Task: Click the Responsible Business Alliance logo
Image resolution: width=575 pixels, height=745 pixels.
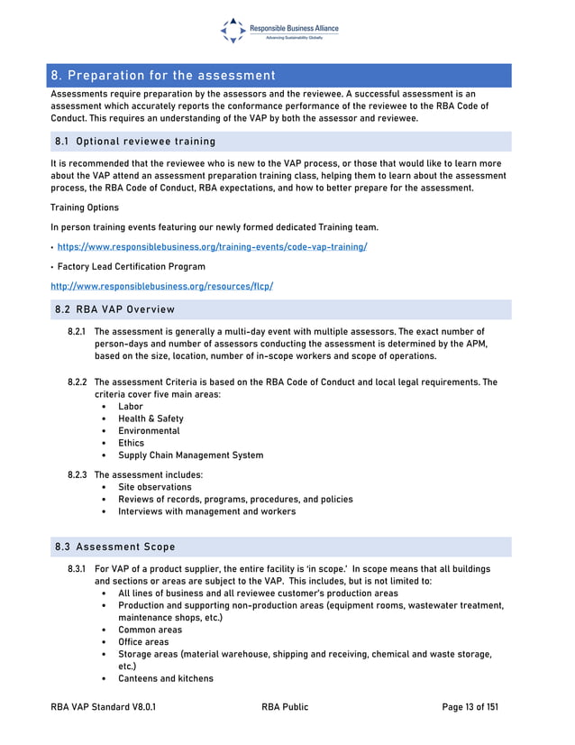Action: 279,30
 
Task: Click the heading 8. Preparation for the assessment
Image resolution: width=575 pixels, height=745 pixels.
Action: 163,75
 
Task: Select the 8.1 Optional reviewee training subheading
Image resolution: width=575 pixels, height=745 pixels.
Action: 135,142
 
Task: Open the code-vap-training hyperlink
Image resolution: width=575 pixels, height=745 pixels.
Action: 212,246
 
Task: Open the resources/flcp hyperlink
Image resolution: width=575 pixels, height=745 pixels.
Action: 162,286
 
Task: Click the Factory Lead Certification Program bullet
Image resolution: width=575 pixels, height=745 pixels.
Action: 131,266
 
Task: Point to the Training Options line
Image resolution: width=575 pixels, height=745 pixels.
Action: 85,207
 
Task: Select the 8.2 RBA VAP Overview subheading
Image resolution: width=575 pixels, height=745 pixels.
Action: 115,309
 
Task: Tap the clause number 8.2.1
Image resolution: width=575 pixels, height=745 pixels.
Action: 77,333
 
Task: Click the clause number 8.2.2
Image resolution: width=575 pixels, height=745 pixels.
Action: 77,382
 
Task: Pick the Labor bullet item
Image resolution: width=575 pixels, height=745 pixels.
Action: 131,407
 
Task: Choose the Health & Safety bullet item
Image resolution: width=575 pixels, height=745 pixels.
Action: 151,418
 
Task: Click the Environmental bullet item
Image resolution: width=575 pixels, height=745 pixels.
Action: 149,431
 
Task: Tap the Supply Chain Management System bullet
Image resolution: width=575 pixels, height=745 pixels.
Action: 190,455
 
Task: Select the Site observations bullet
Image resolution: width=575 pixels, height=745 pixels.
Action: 154,487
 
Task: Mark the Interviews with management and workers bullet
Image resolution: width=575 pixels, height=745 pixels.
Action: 206,511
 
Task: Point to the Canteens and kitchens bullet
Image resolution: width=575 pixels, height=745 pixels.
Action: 166,678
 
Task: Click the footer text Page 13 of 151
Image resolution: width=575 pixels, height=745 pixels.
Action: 470,707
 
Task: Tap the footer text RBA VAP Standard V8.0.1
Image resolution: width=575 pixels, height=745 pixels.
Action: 104,707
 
